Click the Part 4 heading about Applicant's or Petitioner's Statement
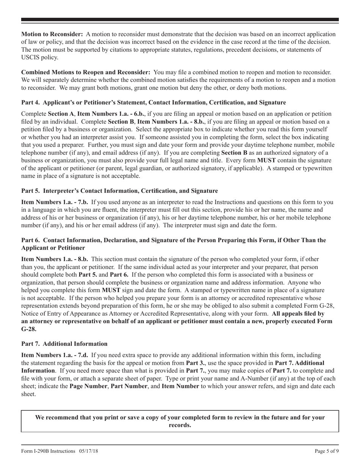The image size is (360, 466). tap(153, 103)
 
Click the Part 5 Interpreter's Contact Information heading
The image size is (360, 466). tap(119, 191)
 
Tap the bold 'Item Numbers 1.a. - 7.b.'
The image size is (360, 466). tap(54, 202)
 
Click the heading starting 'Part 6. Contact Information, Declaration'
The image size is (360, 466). tap(174, 240)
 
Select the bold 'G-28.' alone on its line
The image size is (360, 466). tap(29, 329)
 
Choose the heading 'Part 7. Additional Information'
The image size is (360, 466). tap(64, 344)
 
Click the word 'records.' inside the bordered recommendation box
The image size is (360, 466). tap(180, 425)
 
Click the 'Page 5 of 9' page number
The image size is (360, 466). tap(327, 451)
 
